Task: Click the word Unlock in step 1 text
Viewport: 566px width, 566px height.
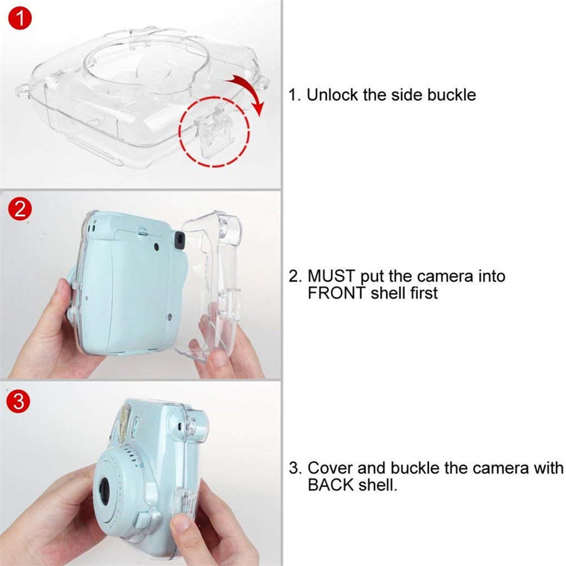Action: pyautogui.click(x=332, y=94)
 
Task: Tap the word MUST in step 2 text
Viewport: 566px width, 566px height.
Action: pyautogui.click(x=331, y=276)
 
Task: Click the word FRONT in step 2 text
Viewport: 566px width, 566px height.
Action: pyautogui.click(x=337, y=293)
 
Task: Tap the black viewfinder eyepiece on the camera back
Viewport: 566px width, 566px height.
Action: pyautogui.click(x=179, y=241)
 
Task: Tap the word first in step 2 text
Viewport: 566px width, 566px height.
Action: pyautogui.click(x=424, y=293)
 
